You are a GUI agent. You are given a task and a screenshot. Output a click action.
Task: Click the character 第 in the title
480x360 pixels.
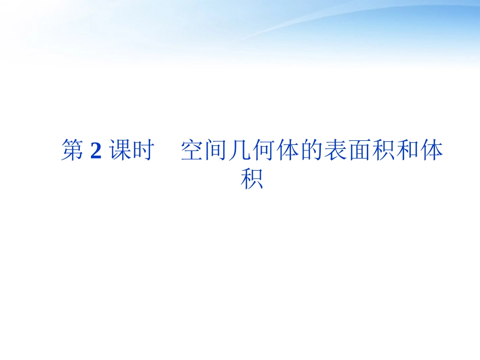[73, 151]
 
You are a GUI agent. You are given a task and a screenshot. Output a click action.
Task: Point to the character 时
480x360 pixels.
[142, 151]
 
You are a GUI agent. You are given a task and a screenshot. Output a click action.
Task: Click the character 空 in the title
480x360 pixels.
[192, 151]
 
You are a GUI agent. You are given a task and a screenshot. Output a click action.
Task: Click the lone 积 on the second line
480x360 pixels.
[252, 179]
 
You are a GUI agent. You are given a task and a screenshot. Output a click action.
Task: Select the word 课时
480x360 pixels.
[131, 151]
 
